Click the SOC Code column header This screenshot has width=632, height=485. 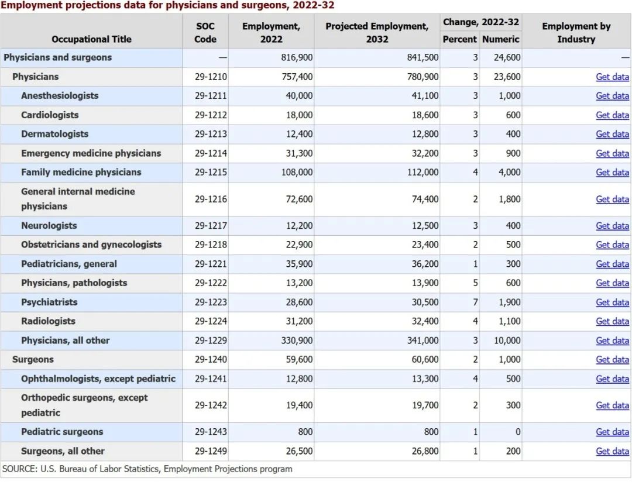coord(205,33)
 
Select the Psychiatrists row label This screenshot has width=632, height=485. coord(49,302)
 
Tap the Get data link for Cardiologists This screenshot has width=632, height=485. coord(612,115)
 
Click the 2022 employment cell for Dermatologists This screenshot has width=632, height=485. coord(299,134)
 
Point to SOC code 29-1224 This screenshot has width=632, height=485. coord(211,321)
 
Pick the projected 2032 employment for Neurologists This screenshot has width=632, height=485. coord(425,226)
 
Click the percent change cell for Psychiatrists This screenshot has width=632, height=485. coord(475,302)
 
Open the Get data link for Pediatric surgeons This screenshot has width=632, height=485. coord(612,432)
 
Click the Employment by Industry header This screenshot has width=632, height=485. coord(576,33)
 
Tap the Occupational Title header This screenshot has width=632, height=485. coord(91,39)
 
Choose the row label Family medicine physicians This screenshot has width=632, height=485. coord(81,173)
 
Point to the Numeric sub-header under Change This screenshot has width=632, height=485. coord(500,39)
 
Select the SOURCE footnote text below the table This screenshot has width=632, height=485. coord(147,469)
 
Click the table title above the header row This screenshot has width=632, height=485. coord(167,5)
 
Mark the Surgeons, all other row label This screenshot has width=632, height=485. coord(63,451)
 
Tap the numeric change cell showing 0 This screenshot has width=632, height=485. coord(517,432)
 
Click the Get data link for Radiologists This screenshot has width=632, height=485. coord(612,321)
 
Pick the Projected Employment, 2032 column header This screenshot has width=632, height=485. coord(377,33)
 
